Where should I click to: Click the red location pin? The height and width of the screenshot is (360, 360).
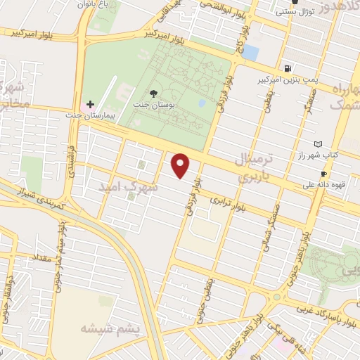coord(181,165)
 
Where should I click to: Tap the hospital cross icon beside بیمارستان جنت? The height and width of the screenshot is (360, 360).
coord(90,103)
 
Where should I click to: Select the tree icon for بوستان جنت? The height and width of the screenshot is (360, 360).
coord(154,92)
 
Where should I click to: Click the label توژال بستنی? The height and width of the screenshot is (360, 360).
coord(295,12)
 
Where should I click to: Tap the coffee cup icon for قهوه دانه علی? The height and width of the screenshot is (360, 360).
coord(323,174)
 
